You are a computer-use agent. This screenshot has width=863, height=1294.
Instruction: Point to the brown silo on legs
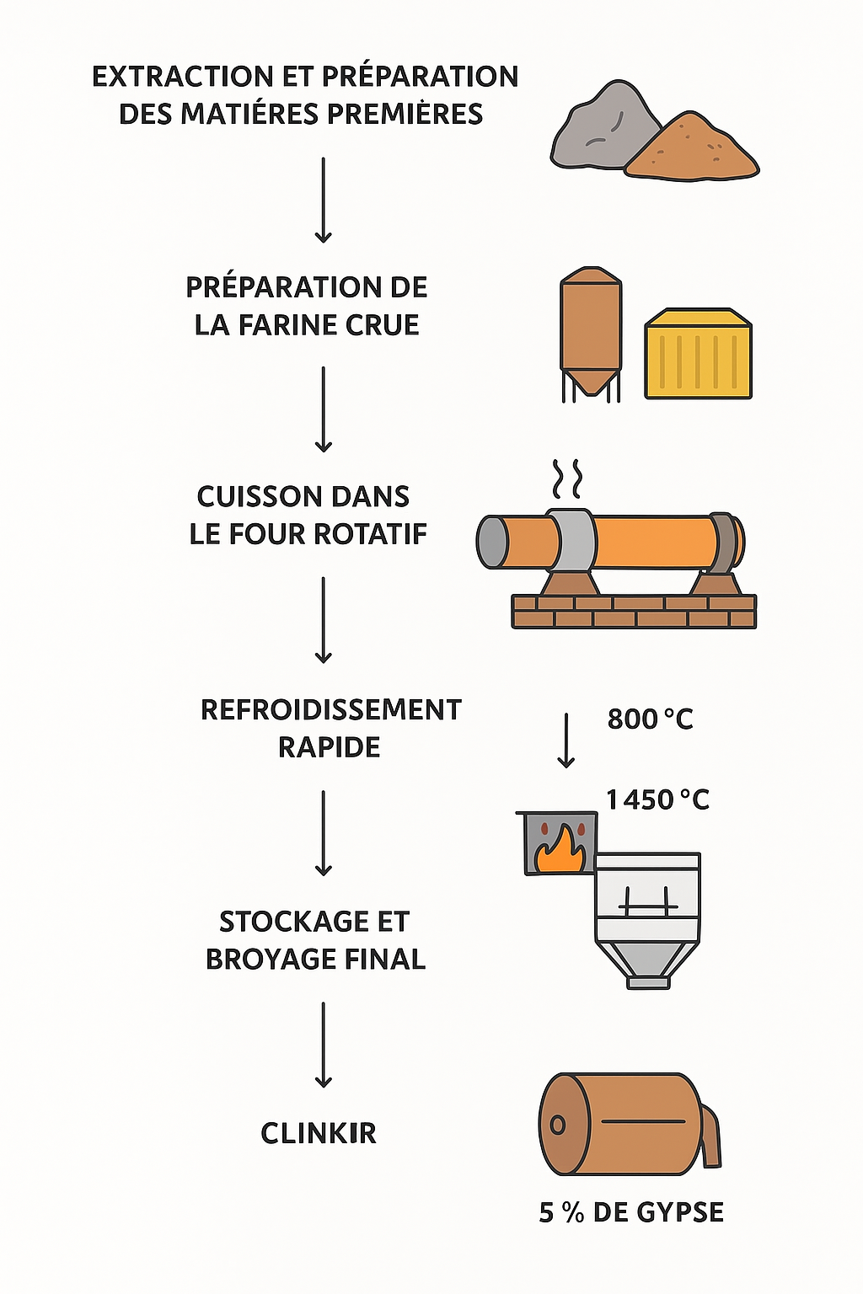pos(590,329)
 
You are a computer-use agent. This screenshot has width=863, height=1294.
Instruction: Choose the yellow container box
pos(698,354)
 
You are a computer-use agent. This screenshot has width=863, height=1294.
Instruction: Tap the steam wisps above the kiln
pos(567,479)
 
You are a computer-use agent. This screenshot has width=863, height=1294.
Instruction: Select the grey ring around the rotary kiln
pos(571,538)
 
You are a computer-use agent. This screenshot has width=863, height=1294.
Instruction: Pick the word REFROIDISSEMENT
pos(330,709)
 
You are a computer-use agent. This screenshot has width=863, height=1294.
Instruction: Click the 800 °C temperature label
pos(650,719)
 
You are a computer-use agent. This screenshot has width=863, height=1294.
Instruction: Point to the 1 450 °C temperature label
pos(657,799)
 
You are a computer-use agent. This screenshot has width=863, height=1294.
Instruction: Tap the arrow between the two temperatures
pos(566,740)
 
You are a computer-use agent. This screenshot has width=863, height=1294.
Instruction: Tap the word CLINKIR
pos(318,1133)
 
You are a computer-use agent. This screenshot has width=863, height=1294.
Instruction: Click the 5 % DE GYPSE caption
pos(631,1212)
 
